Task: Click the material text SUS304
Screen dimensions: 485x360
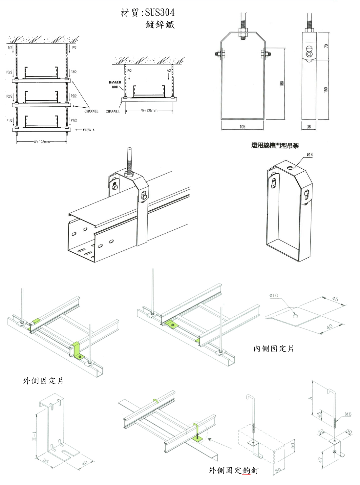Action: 159,12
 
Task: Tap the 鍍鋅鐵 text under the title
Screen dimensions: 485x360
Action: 160,24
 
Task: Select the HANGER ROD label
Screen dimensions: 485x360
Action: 115,85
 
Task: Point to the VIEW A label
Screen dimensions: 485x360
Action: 88,130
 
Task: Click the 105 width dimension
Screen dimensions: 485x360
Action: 242,127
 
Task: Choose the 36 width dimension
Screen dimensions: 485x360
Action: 308,127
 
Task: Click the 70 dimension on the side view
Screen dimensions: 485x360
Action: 326,46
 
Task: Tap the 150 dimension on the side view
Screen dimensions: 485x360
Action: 326,89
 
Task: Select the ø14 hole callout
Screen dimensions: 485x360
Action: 309,155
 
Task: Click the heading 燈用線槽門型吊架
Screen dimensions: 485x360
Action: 275,145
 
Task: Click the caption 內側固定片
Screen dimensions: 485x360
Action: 273,348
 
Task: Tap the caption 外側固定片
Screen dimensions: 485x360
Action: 43,381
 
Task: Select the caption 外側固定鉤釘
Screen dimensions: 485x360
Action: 234,471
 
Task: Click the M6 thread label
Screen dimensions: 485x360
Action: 348,414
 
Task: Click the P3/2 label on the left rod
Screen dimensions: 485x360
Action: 9,72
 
